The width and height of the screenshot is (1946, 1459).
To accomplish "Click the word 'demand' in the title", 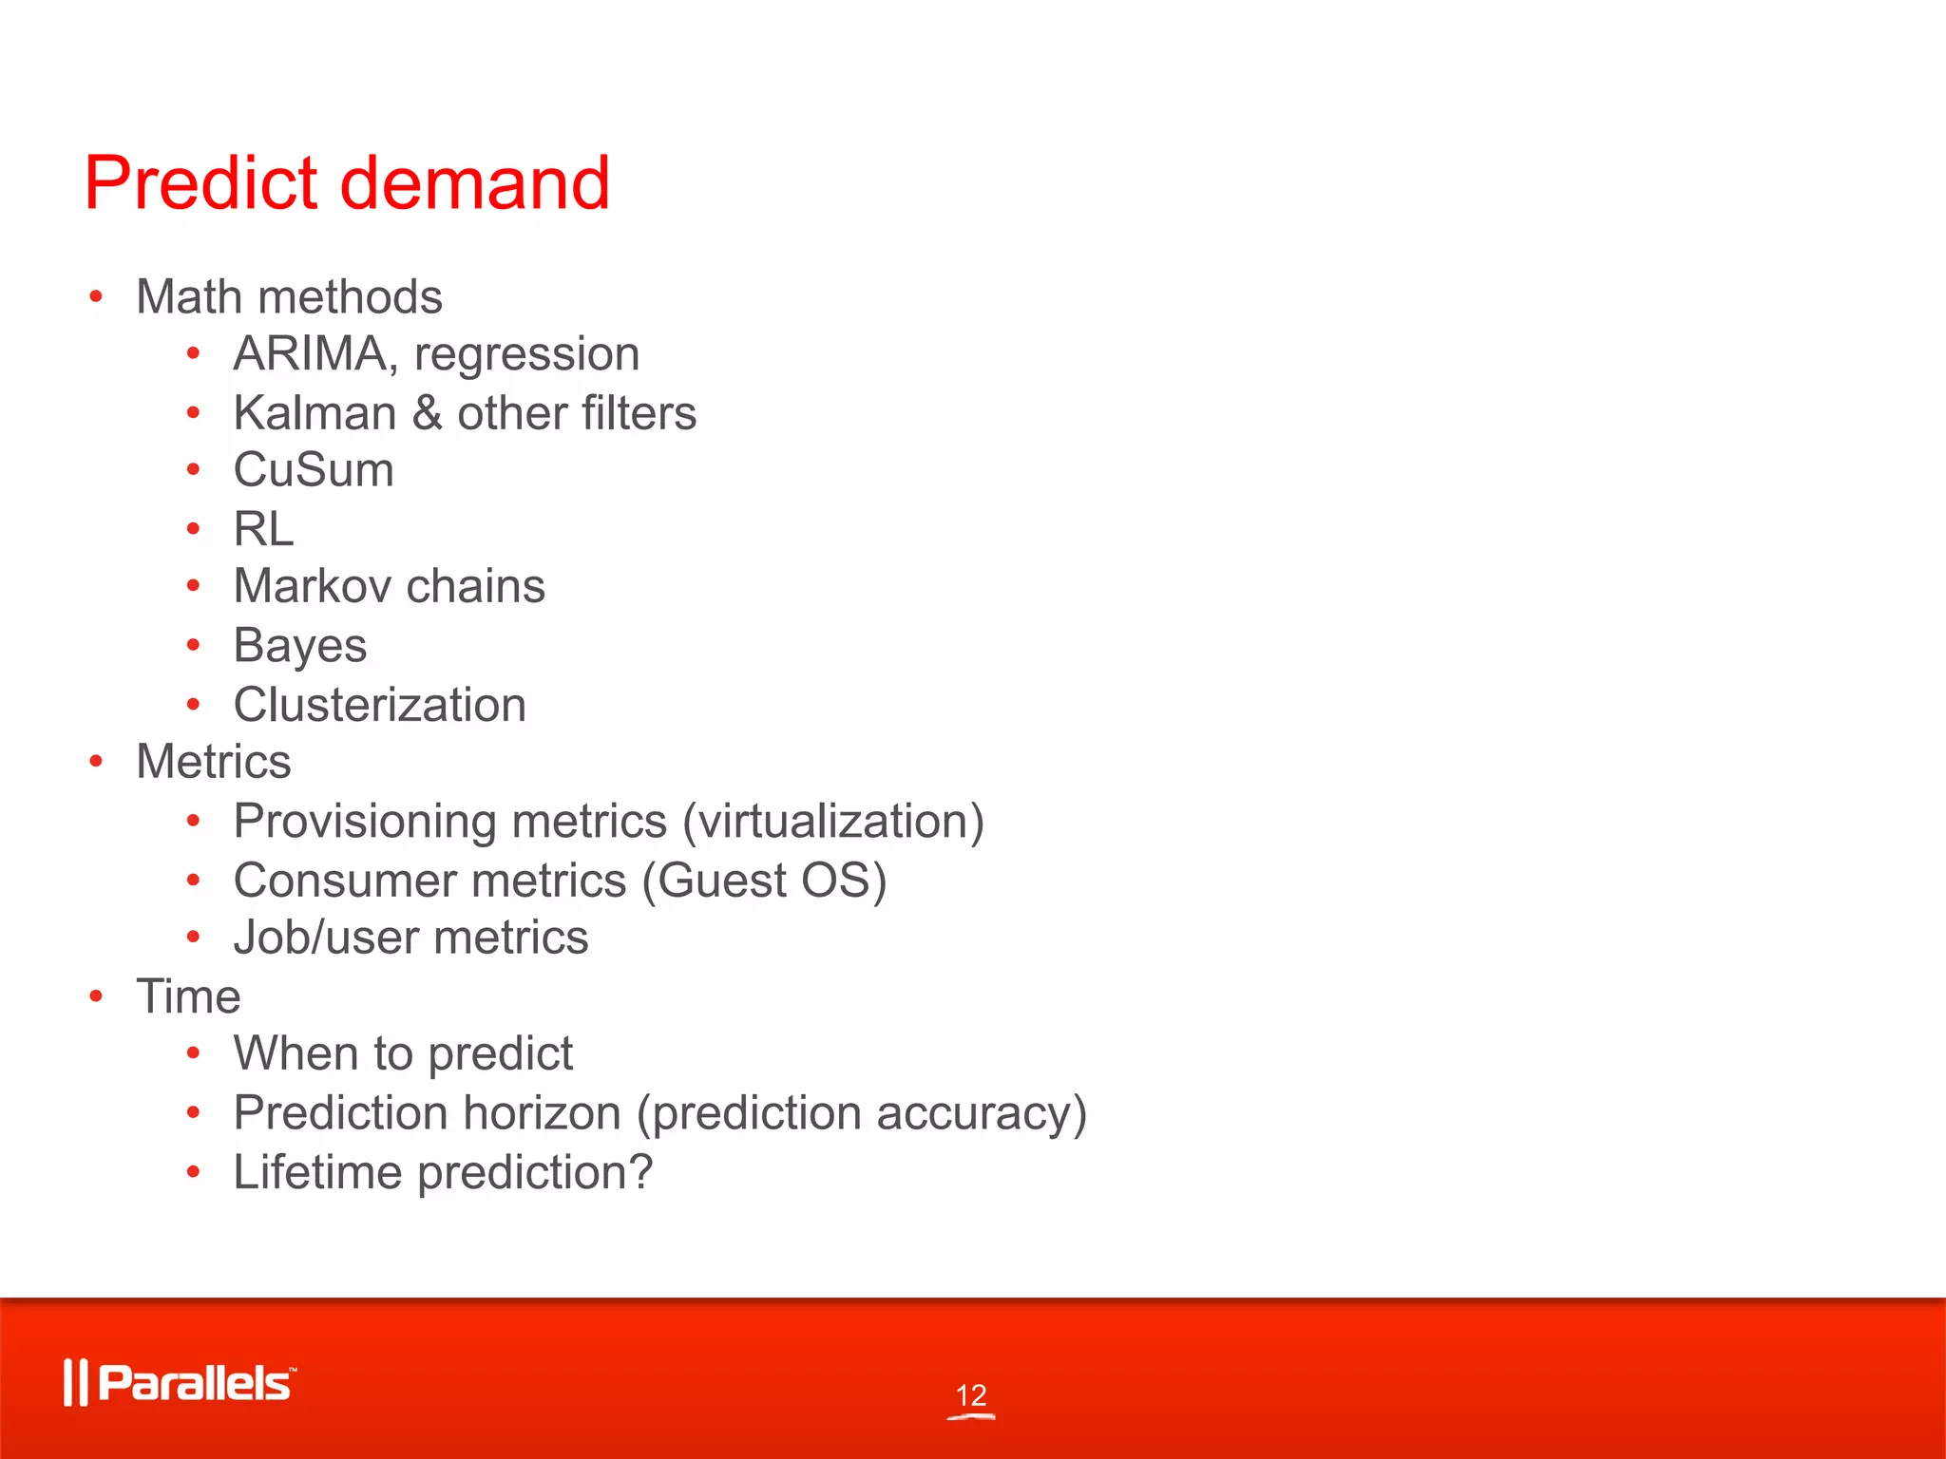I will point(474,182).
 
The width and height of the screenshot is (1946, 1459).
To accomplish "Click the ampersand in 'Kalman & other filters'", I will point(428,413).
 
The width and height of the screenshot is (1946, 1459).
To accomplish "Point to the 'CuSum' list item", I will point(314,470).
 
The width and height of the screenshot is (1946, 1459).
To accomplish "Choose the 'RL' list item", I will point(263,529).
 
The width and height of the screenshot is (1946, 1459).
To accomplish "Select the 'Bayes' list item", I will point(300,647).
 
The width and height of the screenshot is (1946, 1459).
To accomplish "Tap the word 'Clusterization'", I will point(380,705).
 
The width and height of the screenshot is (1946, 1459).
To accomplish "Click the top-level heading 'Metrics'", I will point(214,762).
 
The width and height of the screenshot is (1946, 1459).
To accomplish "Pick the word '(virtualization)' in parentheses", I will point(833,822).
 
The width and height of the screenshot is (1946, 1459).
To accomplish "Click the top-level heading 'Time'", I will point(188,997).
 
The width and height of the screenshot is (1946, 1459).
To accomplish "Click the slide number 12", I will point(971,1395).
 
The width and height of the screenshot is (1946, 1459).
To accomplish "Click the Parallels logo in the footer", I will point(181,1383).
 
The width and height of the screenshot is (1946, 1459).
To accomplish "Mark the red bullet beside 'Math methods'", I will point(96,297).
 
